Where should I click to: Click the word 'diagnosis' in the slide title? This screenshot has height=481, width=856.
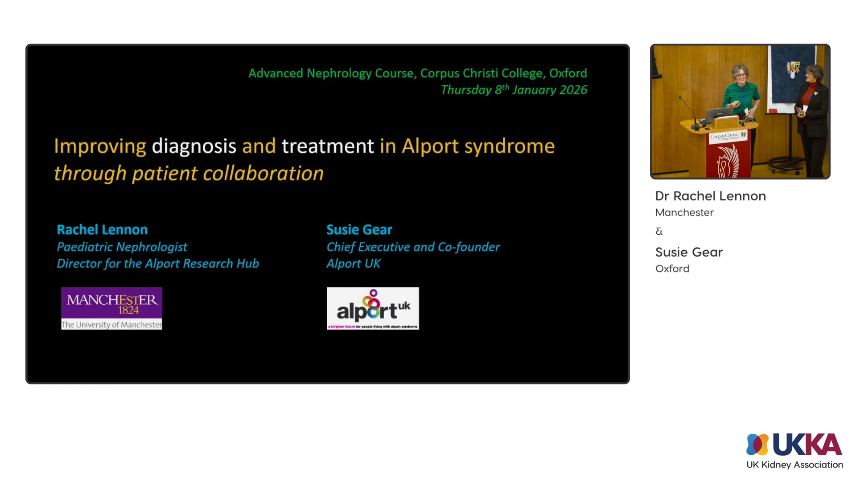click(194, 147)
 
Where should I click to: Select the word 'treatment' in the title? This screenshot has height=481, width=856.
click(328, 147)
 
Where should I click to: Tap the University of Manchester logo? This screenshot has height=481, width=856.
click(111, 308)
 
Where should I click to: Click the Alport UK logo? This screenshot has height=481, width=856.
click(373, 308)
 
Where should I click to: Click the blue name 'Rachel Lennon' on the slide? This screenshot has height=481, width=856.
click(102, 230)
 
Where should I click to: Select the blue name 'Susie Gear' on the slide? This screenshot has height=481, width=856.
click(359, 230)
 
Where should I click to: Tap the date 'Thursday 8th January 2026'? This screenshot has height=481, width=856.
click(514, 90)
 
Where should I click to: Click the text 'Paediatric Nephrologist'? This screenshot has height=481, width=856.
click(122, 247)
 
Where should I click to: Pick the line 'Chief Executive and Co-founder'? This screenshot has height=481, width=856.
click(413, 247)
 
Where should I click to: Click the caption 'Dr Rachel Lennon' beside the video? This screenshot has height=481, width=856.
click(710, 196)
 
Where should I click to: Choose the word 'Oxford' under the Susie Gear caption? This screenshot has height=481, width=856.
click(672, 269)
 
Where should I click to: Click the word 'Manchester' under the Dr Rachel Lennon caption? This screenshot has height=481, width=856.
click(684, 212)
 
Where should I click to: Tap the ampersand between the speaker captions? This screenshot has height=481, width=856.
click(659, 231)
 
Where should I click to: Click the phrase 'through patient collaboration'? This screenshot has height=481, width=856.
click(189, 174)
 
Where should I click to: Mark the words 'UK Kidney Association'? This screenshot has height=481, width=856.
click(794, 465)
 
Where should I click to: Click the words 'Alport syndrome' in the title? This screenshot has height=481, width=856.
click(478, 147)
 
